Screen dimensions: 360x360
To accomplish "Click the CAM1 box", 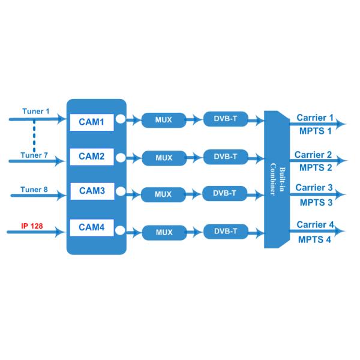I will tap(91, 122).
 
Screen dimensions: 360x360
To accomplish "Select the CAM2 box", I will tap(91, 157).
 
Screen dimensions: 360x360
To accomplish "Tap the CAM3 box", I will tap(91, 192).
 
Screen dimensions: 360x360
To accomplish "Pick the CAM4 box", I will tap(91, 227).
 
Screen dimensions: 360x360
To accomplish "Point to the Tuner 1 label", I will tap(35, 112).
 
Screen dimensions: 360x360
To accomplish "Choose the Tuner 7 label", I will tap(34, 155).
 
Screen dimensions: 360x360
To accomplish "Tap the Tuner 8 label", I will tap(34, 190).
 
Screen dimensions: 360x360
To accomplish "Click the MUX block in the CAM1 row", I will tap(163, 120).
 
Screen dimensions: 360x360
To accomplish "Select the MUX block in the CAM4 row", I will tap(164, 232).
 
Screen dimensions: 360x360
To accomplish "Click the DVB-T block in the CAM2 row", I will tap(226, 157).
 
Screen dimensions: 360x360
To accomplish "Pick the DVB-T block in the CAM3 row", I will tap(226, 193).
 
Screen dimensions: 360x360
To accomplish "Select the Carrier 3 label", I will tap(314, 188).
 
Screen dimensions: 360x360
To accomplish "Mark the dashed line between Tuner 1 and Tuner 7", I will tap(34, 136).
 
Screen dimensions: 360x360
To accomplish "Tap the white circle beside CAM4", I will tap(120, 228).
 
